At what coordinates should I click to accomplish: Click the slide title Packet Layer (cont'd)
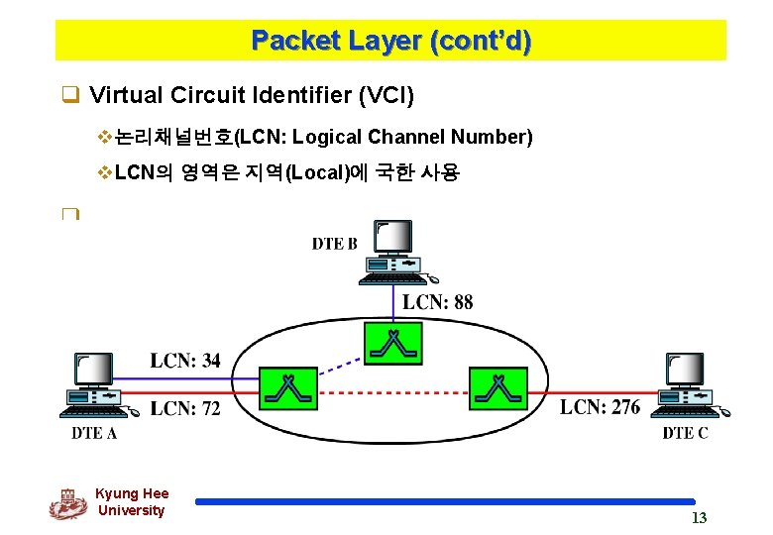coord(390,41)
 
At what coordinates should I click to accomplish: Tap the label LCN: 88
coord(437,301)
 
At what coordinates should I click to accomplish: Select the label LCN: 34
coord(185,361)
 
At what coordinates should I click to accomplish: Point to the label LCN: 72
coord(185,408)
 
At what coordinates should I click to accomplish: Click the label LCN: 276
coord(600,407)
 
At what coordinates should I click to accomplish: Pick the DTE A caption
coord(94,433)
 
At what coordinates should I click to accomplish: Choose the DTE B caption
coord(335,244)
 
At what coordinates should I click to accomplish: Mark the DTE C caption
coord(685,433)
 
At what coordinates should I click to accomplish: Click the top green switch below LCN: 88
coord(394,342)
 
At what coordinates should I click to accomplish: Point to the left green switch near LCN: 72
coord(288,388)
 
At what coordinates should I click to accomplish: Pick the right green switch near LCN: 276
coord(498,388)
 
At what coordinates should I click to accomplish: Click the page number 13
coord(699,518)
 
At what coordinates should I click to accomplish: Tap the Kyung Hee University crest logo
coord(67,503)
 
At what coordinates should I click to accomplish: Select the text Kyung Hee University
coord(132,502)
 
